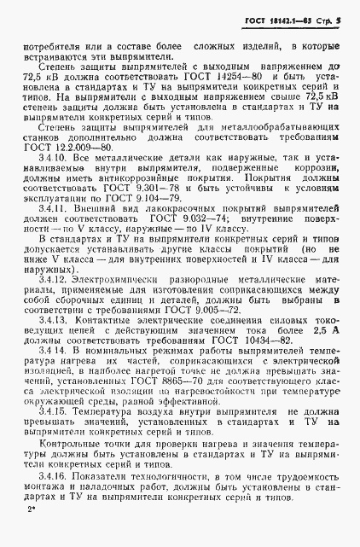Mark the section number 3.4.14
pos(48,373)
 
